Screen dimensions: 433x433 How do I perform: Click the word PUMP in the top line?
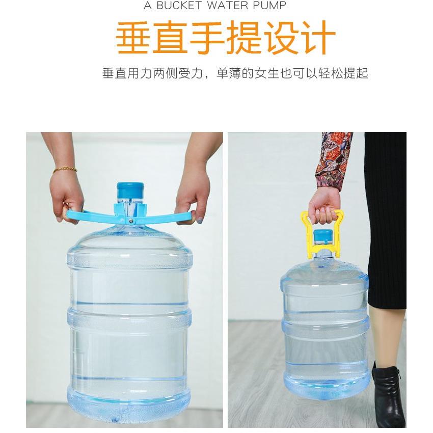269,6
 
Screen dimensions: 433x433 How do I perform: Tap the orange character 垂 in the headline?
134,38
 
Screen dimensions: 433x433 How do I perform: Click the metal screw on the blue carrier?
131,220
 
